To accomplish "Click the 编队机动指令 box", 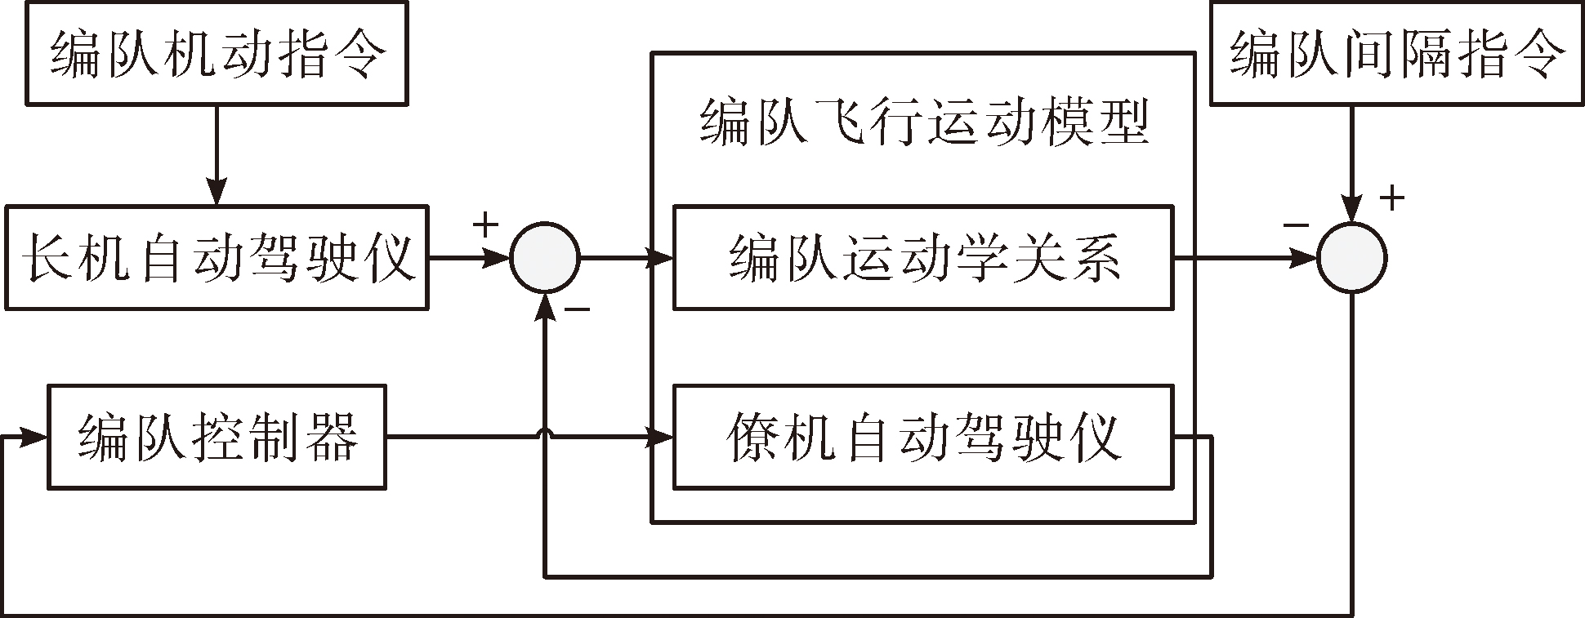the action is click(217, 53).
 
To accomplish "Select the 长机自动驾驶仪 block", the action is click(217, 257).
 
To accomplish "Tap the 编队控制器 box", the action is click(217, 437).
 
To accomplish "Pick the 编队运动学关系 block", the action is click(923, 257).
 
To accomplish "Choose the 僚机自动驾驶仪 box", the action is click(923, 437).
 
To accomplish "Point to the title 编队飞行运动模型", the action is click(924, 122).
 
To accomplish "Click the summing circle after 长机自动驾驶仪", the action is click(545, 258).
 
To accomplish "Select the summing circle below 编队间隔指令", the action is click(1352, 258).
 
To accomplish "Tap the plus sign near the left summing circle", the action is click(485, 225).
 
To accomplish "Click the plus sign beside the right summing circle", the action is click(1392, 198).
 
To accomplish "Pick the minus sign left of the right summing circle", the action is click(1296, 225).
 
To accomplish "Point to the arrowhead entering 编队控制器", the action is click(35, 437).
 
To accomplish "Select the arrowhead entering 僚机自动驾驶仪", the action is click(660, 437).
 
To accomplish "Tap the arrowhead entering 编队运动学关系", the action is click(660, 258).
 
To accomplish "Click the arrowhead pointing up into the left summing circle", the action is click(545, 305).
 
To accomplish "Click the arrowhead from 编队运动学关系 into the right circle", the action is click(1305, 258).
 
